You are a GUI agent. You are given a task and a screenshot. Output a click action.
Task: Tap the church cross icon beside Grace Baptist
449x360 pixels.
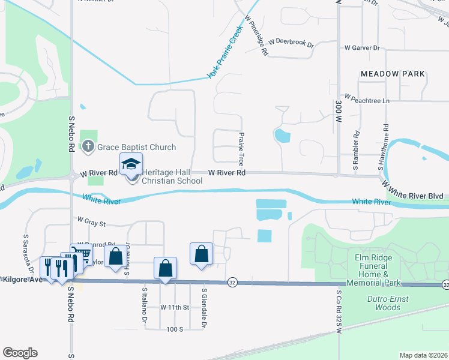[x=88, y=146]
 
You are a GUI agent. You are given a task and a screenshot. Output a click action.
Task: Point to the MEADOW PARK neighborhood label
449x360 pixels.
[x=393, y=74]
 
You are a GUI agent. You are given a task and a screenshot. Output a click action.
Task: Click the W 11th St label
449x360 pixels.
[x=175, y=307]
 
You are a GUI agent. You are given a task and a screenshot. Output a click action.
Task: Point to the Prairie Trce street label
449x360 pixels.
[x=242, y=149]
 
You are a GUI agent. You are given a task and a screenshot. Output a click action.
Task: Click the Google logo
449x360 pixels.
[x=20, y=352]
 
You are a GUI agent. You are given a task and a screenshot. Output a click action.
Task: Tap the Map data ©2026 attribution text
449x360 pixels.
[x=423, y=355]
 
